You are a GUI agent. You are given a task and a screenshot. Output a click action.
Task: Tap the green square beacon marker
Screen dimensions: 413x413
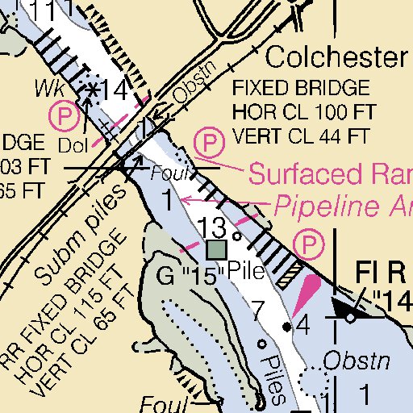pyautogui.click(x=216, y=249)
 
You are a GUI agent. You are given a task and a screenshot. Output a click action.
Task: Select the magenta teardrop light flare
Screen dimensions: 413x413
pyautogui.click(x=305, y=294)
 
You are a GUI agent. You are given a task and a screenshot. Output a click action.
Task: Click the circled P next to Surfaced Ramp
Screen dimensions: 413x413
pyautogui.click(x=209, y=145)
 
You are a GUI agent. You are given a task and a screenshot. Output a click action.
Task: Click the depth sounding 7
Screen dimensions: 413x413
pyautogui.click(x=257, y=309)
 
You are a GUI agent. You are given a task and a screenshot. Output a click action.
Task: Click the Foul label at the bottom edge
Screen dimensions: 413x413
pyautogui.click(x=157, y=403)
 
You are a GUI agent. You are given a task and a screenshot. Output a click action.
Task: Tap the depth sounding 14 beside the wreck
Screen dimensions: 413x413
pyautogui.click(x=116, y=91)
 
